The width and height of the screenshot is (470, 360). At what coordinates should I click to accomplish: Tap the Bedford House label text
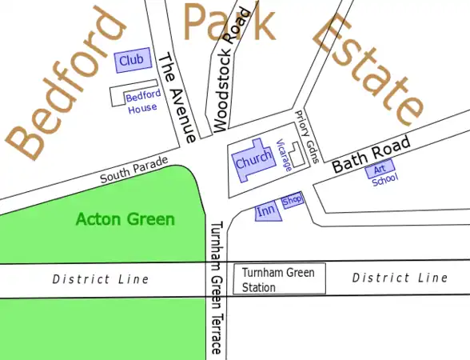pyautogui.click(x=143, y=102)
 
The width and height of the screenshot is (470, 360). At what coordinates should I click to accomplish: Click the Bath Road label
pyautogui.click(x=371, y=154)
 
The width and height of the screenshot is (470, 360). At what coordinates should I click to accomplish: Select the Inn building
pyautogui.click(x=266, y=211)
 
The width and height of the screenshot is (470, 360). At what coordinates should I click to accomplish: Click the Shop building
pyautogui.click(x=292, y=200)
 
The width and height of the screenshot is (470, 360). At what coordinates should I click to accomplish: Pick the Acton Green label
pyautogui.click(x=125, y=219)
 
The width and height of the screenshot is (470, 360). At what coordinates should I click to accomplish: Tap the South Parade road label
pyautogui.click(x=133, y=170)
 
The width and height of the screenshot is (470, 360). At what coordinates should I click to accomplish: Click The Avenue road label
pyautogui.click(x=177, y=98)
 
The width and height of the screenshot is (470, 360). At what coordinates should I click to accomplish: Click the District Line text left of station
pyautogui.click(x=101, y=279)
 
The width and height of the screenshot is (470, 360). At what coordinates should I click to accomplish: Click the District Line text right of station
pyautogui.click(x=400, y=278)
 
